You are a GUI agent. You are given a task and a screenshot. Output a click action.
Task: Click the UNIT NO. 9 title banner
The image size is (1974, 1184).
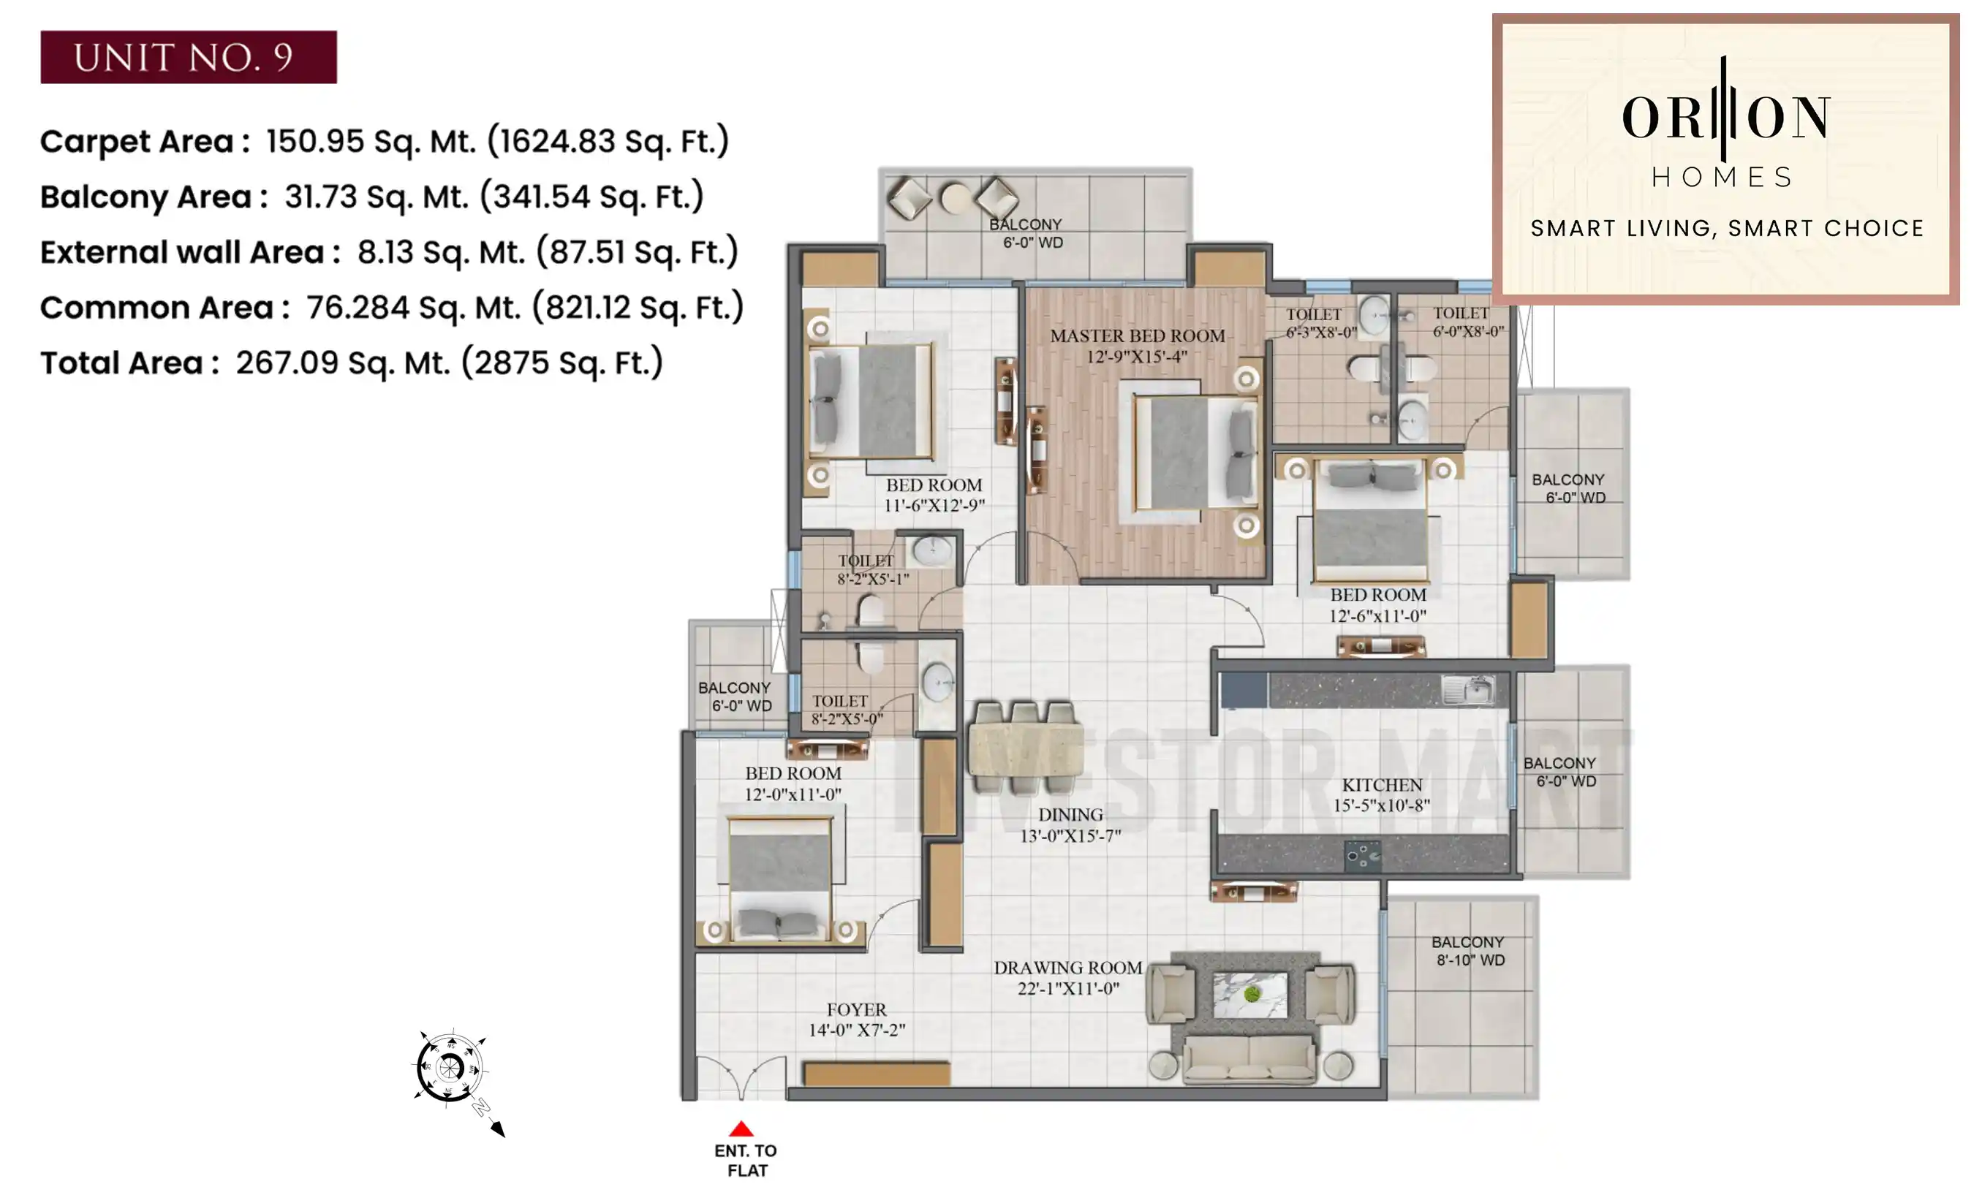click(189, 57)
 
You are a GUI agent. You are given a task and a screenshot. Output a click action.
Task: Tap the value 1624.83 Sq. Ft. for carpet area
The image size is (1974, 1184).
click(608, 141)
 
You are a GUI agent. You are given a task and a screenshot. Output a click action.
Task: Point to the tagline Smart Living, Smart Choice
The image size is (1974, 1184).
click(1727, 228)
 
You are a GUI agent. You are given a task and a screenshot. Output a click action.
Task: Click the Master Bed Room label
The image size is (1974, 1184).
click(1136, 336)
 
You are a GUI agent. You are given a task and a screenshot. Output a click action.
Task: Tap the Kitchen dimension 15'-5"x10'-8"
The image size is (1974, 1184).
click(1380, 806)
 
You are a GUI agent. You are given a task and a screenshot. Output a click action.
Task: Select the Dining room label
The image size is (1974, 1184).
click(1070, 816)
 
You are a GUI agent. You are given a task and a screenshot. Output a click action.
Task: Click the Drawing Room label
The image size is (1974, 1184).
click(1067, 968)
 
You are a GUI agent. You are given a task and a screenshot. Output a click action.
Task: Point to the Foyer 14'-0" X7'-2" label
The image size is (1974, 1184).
click(856, 1020)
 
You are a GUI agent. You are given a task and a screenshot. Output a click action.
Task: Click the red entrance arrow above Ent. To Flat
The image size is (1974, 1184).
click(741, 1128)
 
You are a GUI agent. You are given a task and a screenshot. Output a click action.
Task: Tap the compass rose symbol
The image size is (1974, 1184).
click(450, 1067)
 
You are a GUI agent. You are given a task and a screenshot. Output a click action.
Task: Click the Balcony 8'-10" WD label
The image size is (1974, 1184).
click(1468, 951)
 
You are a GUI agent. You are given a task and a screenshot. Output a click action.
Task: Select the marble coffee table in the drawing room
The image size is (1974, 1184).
click(1249, 995)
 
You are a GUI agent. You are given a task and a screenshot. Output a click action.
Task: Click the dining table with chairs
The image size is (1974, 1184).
click(1025, 748)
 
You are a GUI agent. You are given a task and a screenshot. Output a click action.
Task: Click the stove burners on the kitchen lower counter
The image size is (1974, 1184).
click(1361, 855)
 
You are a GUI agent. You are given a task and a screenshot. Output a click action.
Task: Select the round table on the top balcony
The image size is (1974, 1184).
click(954, 198)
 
